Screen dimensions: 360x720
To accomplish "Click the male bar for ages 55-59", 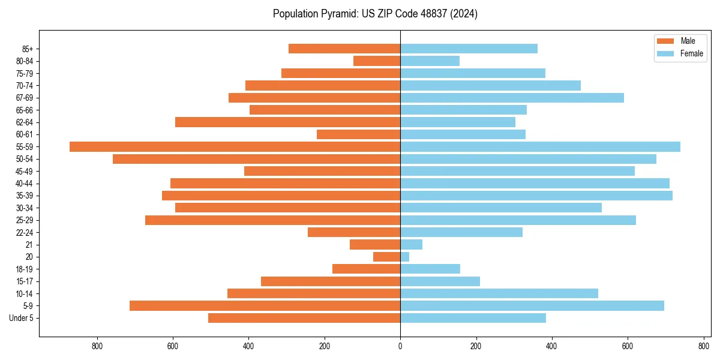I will [x=235, y=146].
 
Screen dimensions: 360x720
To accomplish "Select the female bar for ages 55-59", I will [x=540, y=146].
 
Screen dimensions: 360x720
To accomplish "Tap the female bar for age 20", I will [x=405, y=257].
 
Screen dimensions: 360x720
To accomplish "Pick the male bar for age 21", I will [x=375, y=245].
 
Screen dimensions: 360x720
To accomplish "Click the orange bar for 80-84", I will [x=377, y=61].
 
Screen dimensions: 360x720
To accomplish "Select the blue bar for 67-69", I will [x=512, y=98].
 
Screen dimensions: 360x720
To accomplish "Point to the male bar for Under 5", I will [x=304, y=318].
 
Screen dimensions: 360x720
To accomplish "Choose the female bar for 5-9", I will [x=532, y=306].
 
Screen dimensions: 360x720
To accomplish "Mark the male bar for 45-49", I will [x=322, y=171].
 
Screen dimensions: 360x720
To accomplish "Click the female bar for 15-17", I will [x=440, y=281].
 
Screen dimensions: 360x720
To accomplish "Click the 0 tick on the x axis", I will [x=400, y=346].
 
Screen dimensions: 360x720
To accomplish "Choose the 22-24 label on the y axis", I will [x=24, y=233].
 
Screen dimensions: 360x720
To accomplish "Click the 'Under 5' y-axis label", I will [x=22, y=318].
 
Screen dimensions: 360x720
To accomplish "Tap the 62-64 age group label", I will [x=24, y=122].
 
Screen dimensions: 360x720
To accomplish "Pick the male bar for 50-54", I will [x=256, y=159].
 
